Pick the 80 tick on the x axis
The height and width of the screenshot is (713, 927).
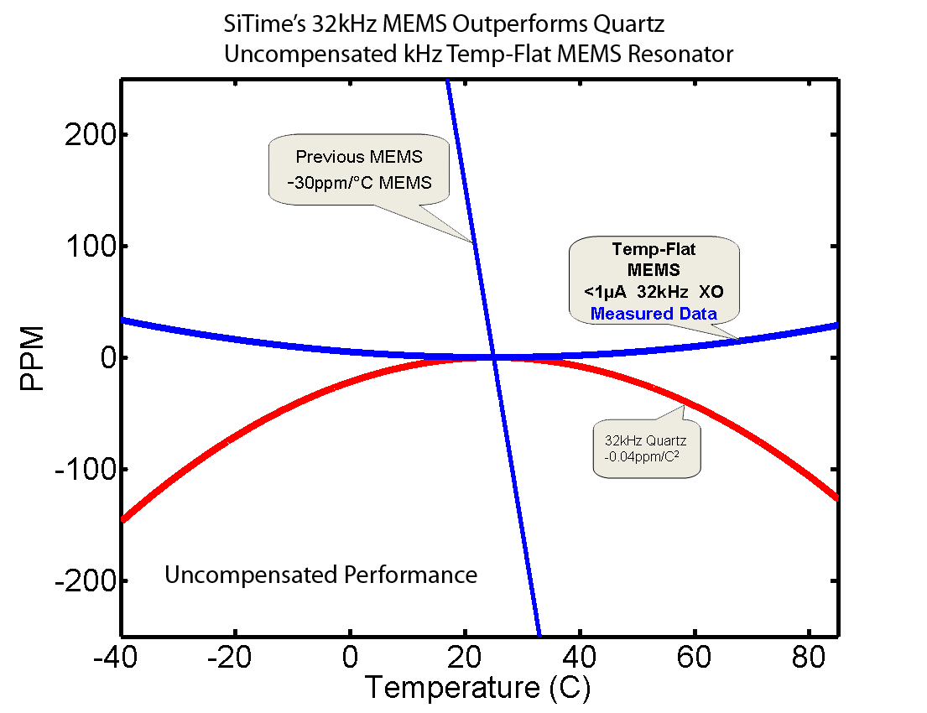point(808,654)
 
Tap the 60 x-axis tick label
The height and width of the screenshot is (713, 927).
point(694,654)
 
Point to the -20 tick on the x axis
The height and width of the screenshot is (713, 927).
point(235,654)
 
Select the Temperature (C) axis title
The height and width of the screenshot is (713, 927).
point(477,688)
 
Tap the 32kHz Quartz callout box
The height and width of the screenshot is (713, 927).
point(646,448)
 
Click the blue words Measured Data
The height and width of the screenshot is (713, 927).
point(654,314)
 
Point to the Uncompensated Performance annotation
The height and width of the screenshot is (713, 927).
point(320,575)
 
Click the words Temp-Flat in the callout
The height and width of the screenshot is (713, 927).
point(654,249)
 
